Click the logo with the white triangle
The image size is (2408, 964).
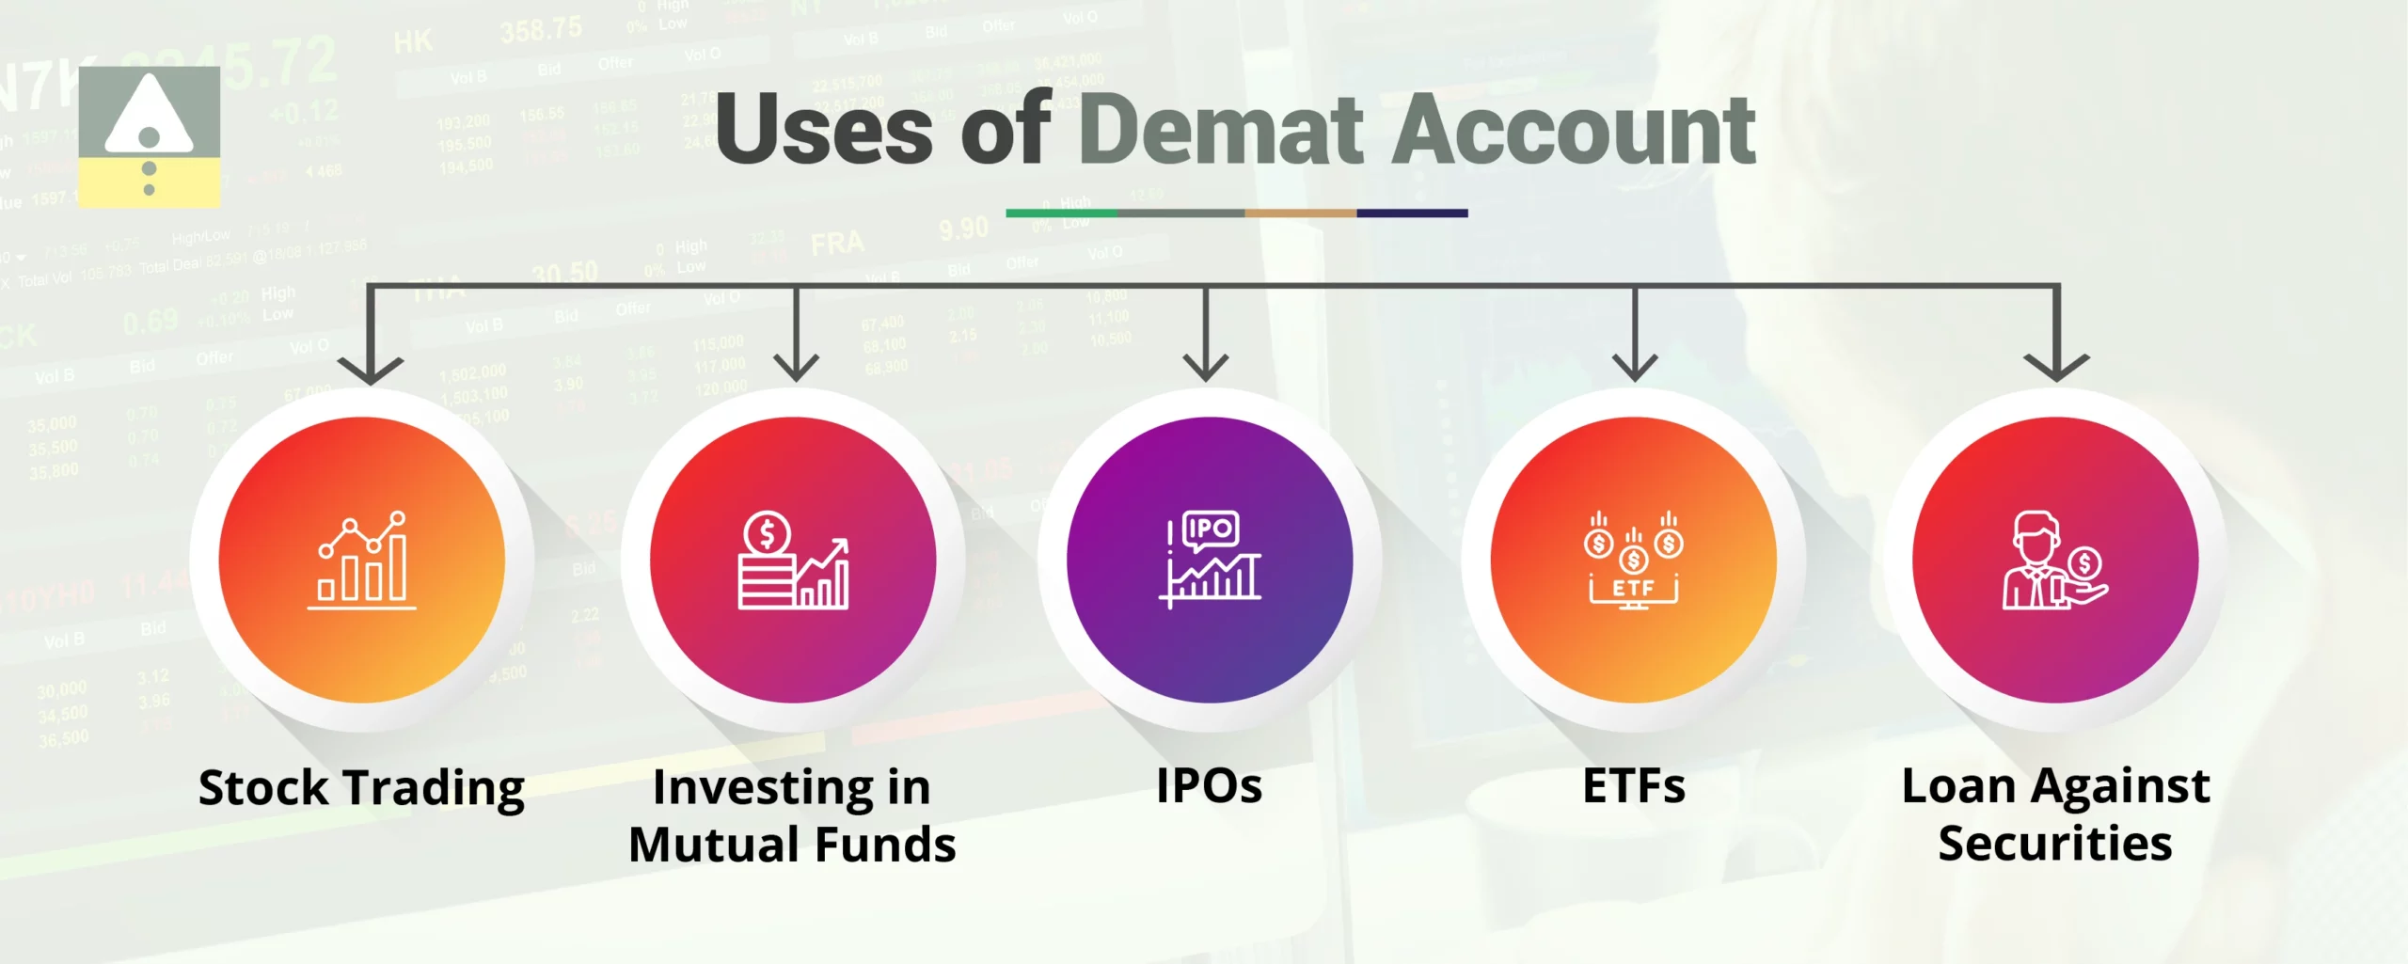(x=150, y=135)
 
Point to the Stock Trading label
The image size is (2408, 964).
(x=361, y=787)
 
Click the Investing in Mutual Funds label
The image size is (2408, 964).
(x=792, y=814)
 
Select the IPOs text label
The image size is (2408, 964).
(x=1209, y=785)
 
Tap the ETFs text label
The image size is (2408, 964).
(x=1634, y=785)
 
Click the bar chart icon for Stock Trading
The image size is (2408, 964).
(x=362, y=561)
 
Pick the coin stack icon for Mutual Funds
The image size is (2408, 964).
(x=793, y=561)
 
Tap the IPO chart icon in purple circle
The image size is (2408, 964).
(x=1210, y=561)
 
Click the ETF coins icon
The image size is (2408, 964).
(x=1634, y=561)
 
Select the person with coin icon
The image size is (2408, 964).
(x=2055, y=561)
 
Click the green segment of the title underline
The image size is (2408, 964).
(x=1061, y=213)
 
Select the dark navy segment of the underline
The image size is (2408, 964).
(x=1412, y=213)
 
